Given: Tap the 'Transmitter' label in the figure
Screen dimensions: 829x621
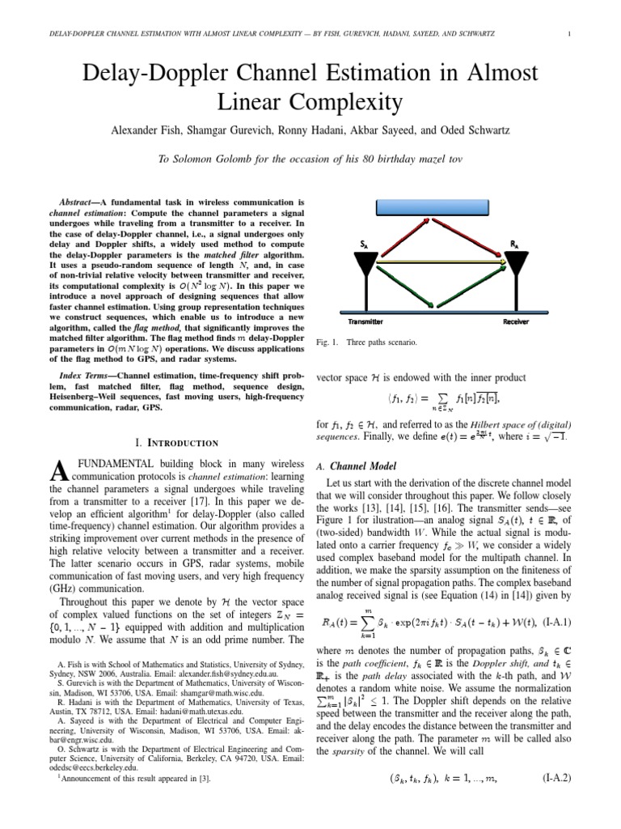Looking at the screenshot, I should pos(360,321).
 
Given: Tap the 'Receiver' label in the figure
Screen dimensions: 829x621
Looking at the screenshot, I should pos(515,321).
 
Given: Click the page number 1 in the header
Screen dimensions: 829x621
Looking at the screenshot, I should pos(571,33).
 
